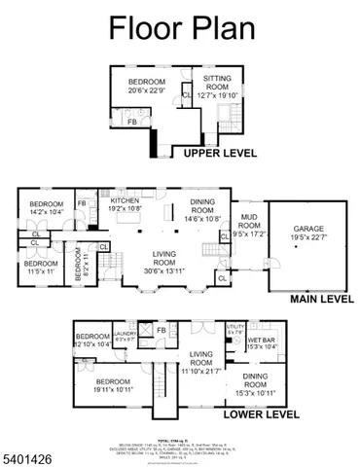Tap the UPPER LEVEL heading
(214, 153)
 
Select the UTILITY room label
(234, 329)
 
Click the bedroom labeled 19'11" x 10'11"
(113, 384)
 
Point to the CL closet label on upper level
(186, 95)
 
